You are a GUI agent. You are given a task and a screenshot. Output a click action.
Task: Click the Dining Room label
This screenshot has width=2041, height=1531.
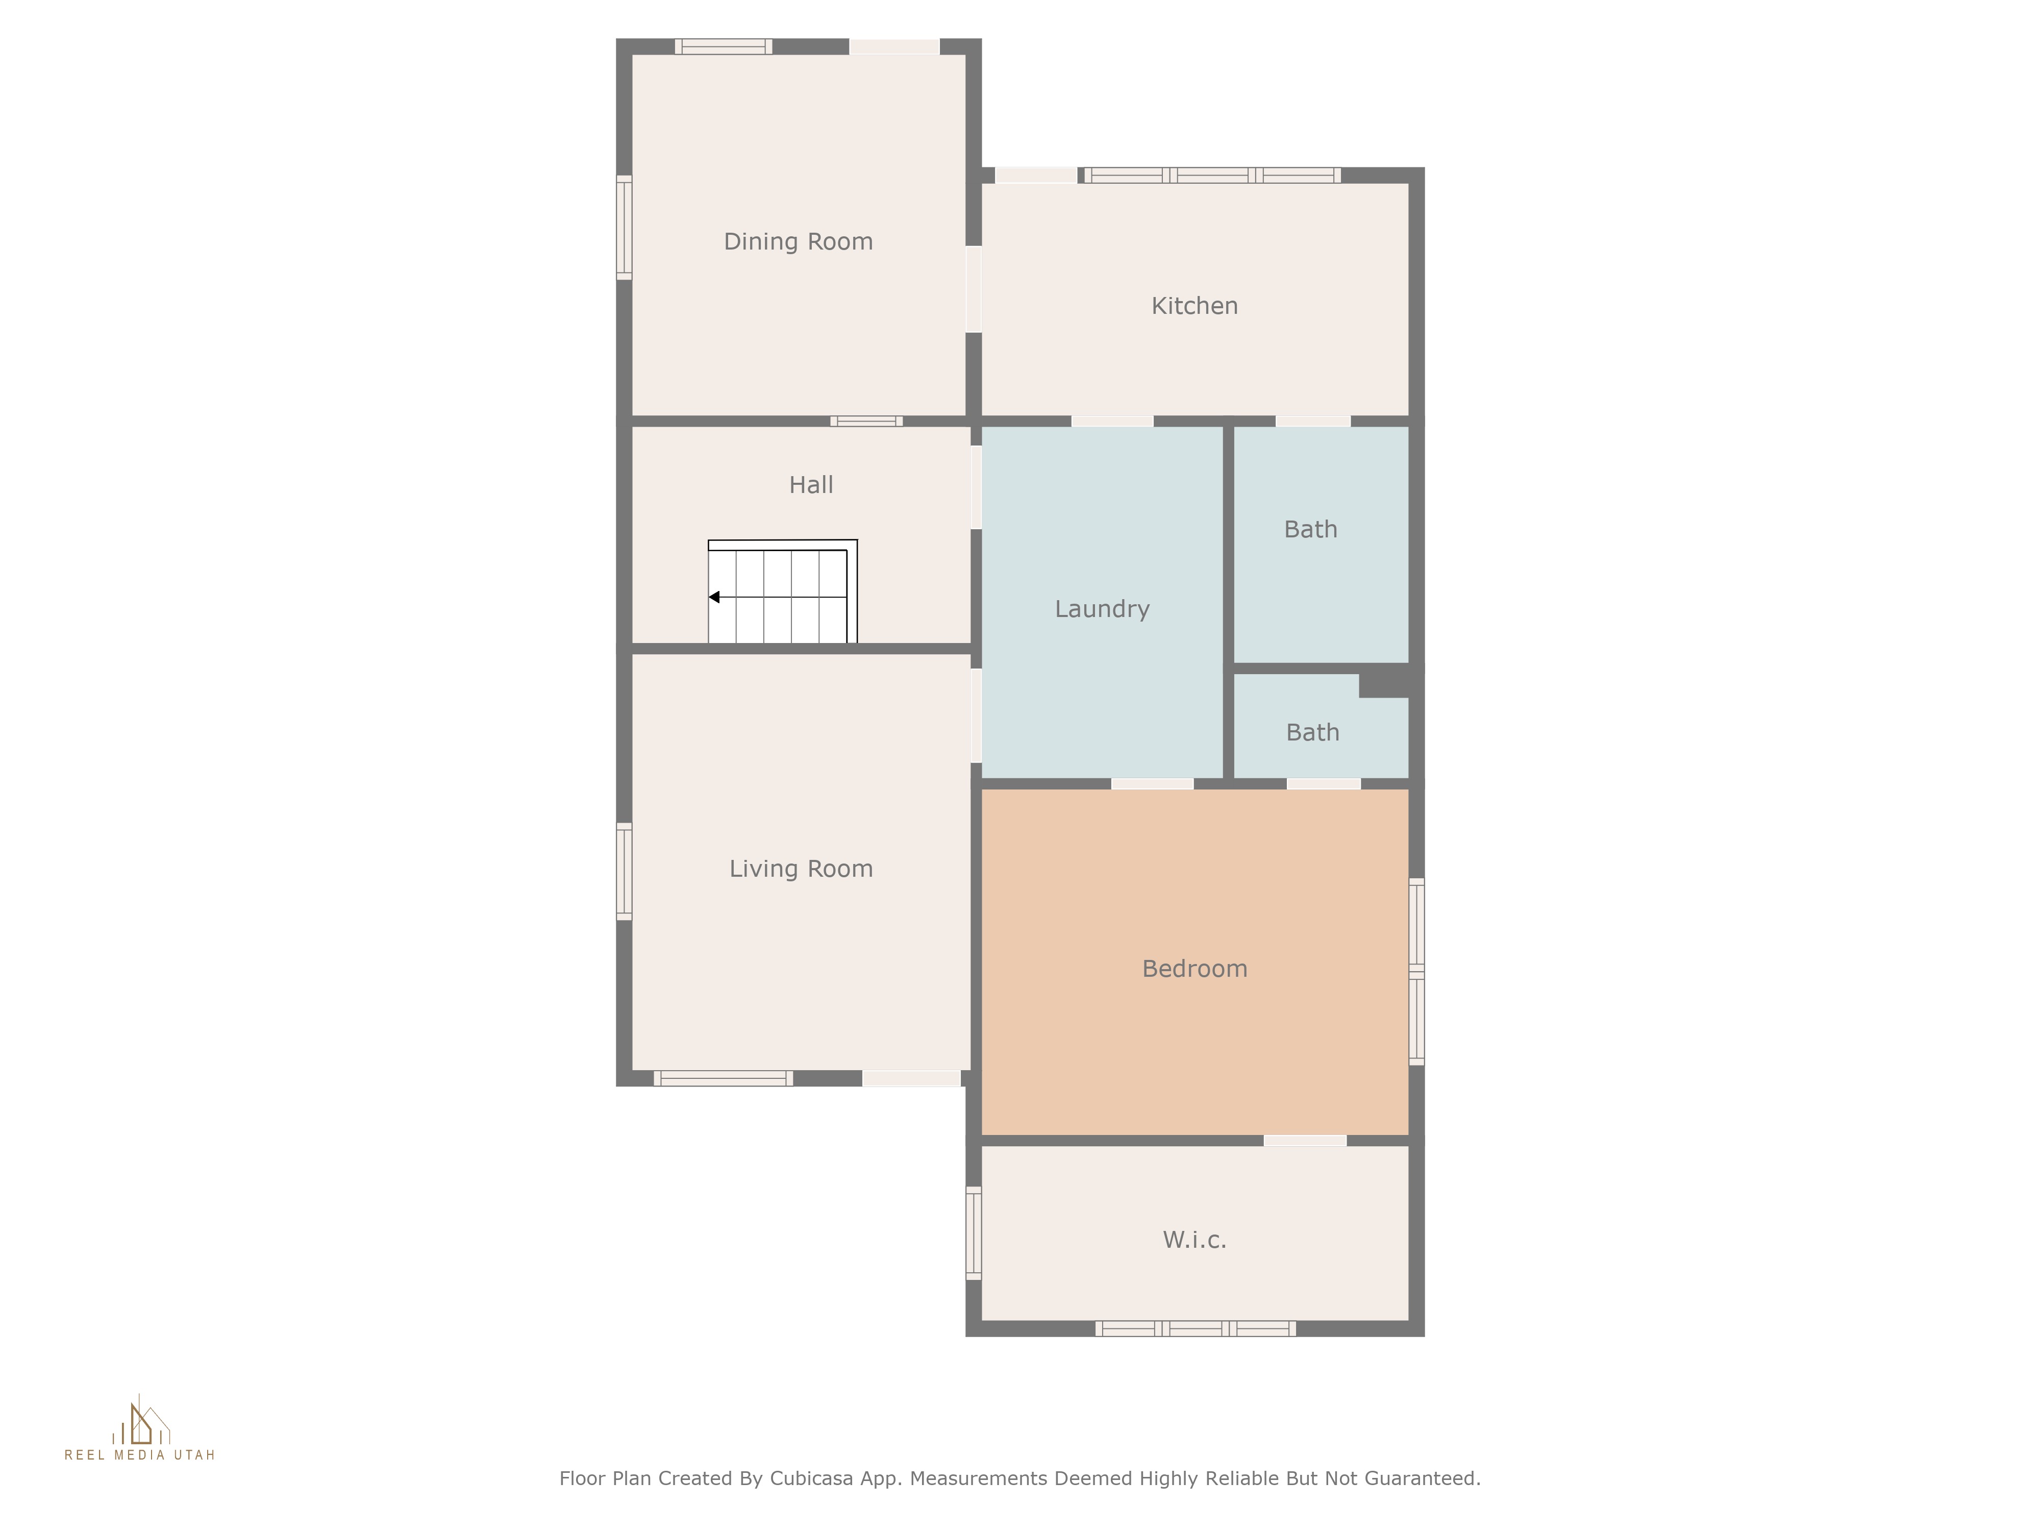(x=798, y=242)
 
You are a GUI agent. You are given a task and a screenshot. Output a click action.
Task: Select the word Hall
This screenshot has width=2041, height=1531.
(x=811, y=485)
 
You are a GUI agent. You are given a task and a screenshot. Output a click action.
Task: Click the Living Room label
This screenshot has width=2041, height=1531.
(x=801, y=869)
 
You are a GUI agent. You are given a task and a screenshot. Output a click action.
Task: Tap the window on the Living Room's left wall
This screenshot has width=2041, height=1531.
(x=624, y=871)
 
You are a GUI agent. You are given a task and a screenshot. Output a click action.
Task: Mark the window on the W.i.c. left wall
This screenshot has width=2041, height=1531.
(x=974, y=1233)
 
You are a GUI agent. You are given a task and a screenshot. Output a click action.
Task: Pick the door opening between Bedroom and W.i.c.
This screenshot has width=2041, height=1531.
(x=1305, y=1141)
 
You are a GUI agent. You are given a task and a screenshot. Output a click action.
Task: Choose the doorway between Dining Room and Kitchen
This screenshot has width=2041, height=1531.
(x=974, y=289)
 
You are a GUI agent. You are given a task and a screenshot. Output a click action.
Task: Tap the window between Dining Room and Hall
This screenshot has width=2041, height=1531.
(x=866, y=422)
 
